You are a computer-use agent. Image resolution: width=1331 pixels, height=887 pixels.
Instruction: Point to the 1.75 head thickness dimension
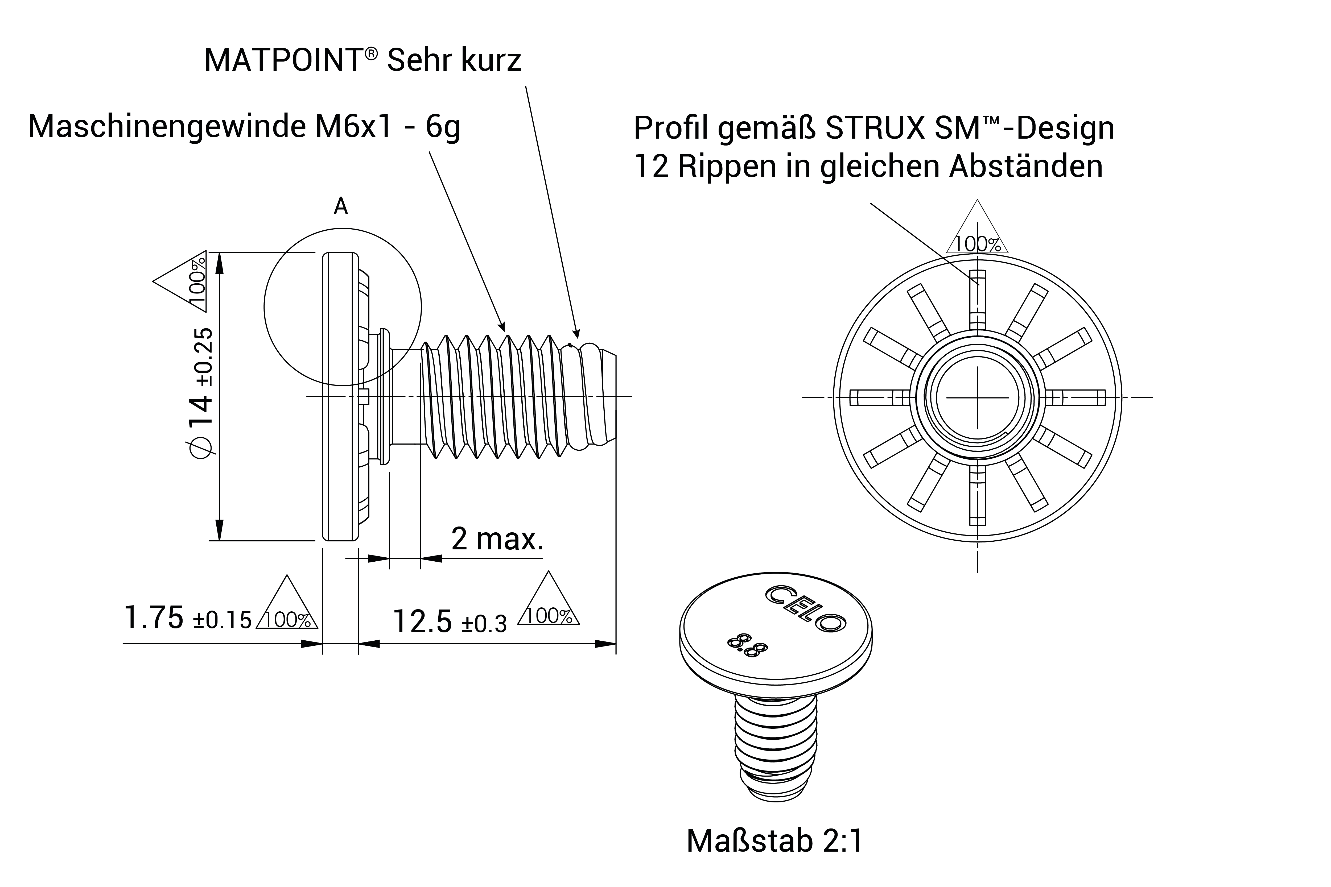point(153,618)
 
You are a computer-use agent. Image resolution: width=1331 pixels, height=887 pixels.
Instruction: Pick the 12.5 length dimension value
point(422,622)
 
